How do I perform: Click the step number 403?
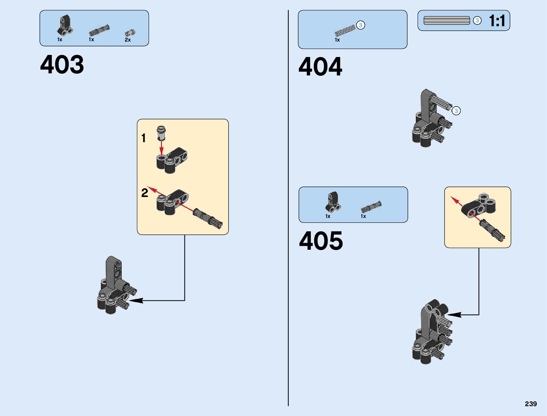(x=62, y=65)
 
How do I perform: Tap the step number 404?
(x=320, y=67)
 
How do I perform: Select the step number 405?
(x=321, y=241)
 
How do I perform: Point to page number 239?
(x=531, y=404)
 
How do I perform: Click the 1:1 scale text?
(x=497, y=21)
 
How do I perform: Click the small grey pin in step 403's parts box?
(x=130, y=33)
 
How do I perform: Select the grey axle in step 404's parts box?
(x=345, y=31)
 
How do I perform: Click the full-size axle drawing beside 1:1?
(x=446, y=21)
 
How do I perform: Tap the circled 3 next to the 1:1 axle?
(x=477, y=21)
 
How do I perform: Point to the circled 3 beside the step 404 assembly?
(x=456, y=111)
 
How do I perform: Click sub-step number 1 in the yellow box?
(x=143, y=138)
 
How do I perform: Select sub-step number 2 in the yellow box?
(x=145, y=193)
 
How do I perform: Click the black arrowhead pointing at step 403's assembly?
(x=136, y=300)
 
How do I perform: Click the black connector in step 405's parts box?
(x=333, y=202)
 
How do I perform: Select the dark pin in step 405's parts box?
(x=371, y=207)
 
